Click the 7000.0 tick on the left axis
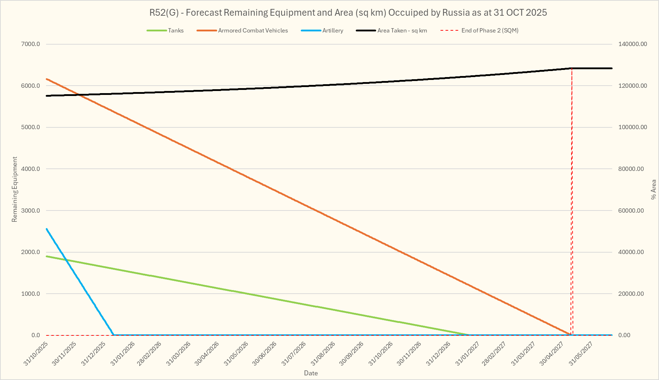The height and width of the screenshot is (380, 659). click(31, 44)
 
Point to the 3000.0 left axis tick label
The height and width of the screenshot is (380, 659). click(31, 211)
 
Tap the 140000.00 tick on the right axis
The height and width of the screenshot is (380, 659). click(633, 44)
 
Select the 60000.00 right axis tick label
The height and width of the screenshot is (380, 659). click(631, 211)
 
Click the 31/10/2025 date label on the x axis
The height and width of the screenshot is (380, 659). click(36, 353)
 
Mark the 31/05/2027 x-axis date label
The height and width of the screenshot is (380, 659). click(581, 353)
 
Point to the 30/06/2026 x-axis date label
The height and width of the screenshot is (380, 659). click(265, 353)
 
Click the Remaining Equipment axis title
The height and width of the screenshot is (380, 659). click(15, 189)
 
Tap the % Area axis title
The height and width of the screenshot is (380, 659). click(654, 189)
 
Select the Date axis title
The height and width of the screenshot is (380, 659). click(311, 373)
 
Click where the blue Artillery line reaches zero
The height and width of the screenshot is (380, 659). click(114, 335)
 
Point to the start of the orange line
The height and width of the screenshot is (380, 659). click(47, 79)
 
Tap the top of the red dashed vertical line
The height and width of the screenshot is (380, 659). click(572, 68)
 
